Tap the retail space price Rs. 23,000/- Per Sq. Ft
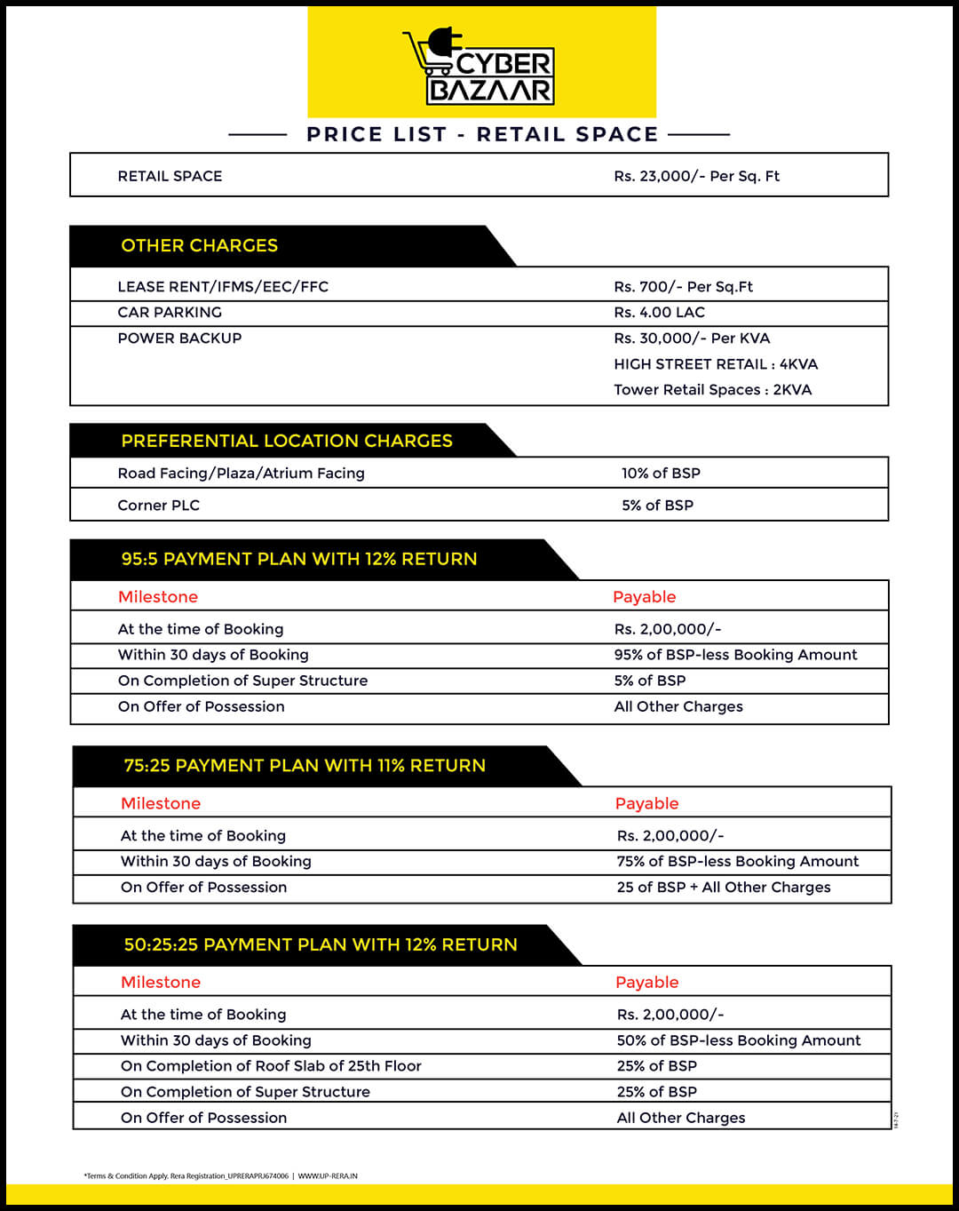696,176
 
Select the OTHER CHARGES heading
199,245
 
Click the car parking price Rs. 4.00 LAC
659,313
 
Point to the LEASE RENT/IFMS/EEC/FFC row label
223,287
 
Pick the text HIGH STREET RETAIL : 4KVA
716,364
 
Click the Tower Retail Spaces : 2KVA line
712,390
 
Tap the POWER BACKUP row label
179,339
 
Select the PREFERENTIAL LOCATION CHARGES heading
286,441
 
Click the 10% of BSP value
661,474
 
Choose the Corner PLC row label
159,506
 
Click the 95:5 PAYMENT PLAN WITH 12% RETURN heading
298,559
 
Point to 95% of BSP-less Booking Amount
735,655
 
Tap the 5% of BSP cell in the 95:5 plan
650,681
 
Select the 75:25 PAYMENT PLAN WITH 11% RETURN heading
304,766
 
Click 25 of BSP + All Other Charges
724,888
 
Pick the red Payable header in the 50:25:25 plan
646,983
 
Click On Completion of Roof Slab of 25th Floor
271,1066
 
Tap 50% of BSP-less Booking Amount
738,1040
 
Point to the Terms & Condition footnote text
220,1176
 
